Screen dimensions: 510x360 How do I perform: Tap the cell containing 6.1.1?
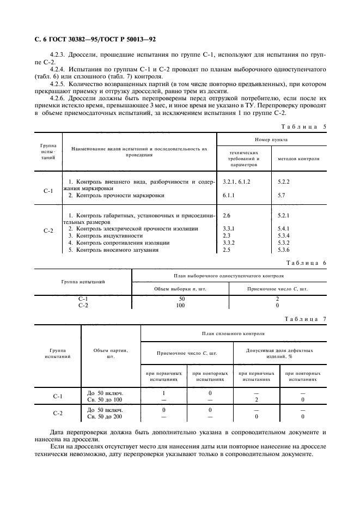tap(229, 195)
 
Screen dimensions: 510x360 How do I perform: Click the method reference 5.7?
tap(281, 195)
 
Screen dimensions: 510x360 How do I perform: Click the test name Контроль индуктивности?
tap(105, 235)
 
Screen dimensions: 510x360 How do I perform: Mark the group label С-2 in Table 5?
tap(48, 231)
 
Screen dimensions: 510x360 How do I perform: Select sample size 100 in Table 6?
tap(180, 306)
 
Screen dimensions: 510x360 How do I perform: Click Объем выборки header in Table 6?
tap(180, 288)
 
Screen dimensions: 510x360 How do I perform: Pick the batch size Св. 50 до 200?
tap(106, 416)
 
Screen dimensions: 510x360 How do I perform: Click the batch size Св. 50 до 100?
tap(106, 399)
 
